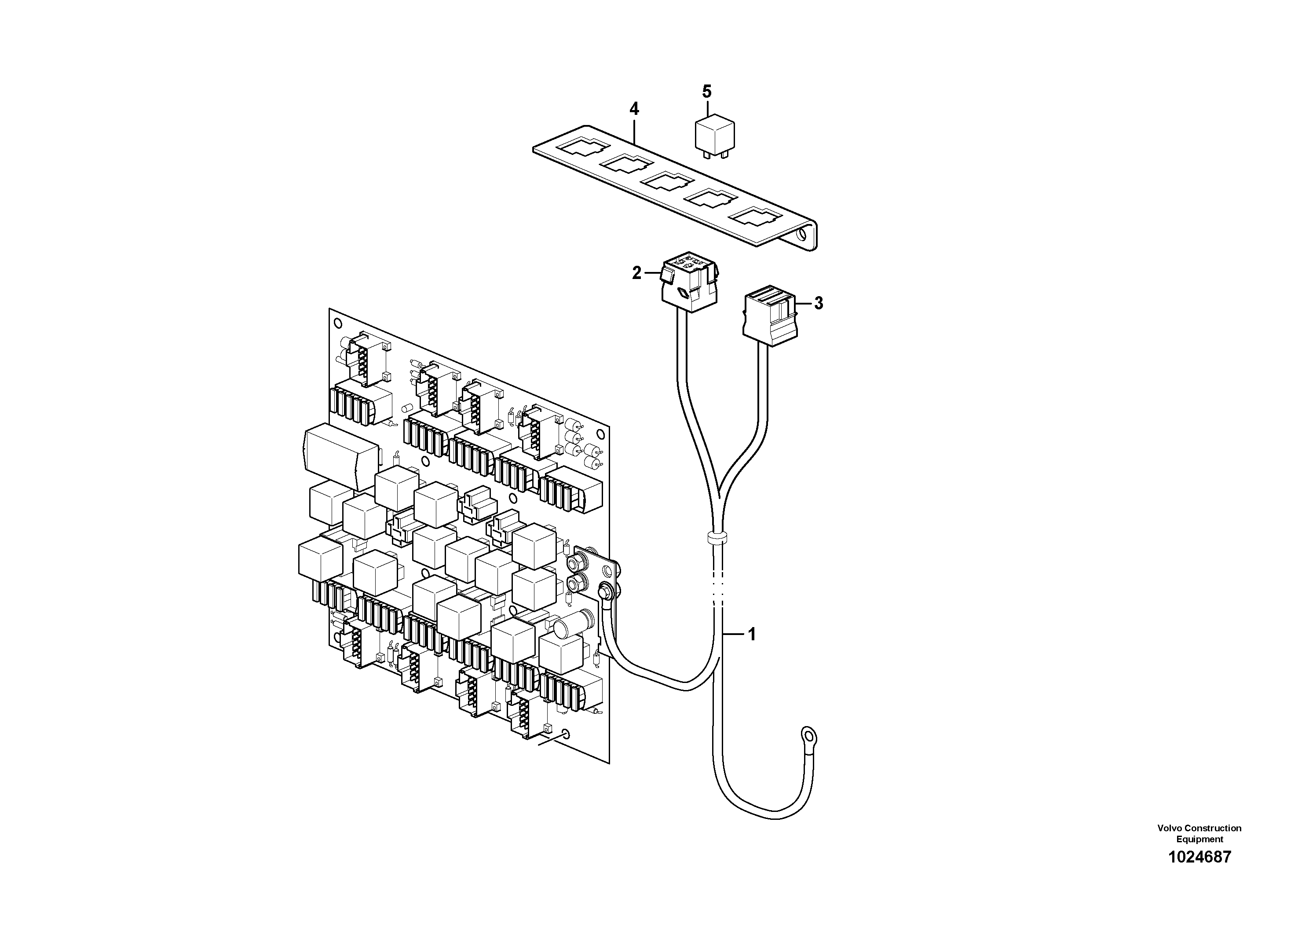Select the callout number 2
pyautogui.click(x=637, y=273)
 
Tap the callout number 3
pyautogui.click(x=818, y=303)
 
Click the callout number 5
pyautogui.click(x=707, y=91)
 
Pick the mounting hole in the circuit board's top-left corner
pyautogui.click(x=337, y=323)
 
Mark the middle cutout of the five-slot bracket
pyautogui.click(x=666, y=183)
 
